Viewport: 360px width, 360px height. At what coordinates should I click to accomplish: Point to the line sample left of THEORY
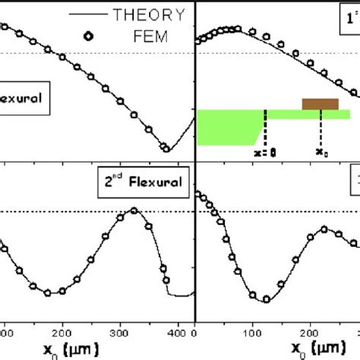(x=88, y=14)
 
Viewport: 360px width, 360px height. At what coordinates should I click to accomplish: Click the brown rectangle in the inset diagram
(x=321, y=103)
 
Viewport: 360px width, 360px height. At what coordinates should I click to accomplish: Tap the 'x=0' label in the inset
(x=264, y=152)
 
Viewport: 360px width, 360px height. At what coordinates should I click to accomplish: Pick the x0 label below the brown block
(x=322, y=152)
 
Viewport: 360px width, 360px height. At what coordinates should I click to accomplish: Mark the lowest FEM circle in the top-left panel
(x=164, y=147)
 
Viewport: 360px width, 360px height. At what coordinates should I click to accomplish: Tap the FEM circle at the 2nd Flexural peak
(x=134, y=210)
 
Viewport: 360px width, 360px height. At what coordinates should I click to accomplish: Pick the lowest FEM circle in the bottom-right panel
(x=266, y=299)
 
